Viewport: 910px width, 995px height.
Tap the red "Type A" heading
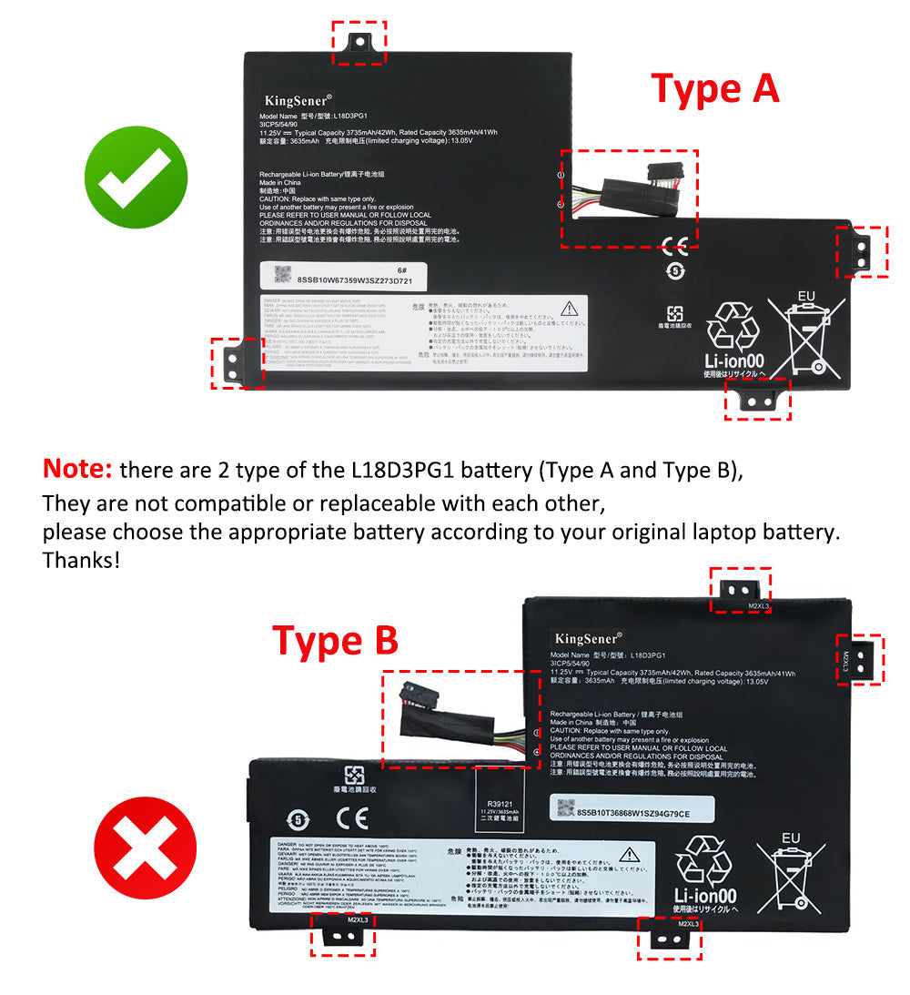pyautogui.click(x=715, y=89)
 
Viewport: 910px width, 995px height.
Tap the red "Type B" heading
pyautogui.click(x=335, y=641)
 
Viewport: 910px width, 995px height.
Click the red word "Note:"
pyautogui.click(x=77, y=470)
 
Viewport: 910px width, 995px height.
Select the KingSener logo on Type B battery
pyautogui.click(x=588, y=639)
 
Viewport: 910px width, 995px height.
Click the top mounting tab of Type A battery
pyautogui.click(x=359, y=42)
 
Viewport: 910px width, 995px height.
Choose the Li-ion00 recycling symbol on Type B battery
pyautogui.click(x=704, y=872)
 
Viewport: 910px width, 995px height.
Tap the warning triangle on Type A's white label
pyautogui.click(x=570, y=309)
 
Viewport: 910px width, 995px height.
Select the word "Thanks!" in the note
pyautogui.click(x=81, y=559)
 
